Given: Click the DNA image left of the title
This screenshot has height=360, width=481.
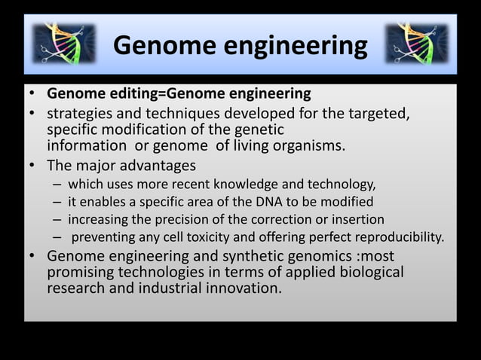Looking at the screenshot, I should [63, 44].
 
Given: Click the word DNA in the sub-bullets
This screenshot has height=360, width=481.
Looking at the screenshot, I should [254, 202].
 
